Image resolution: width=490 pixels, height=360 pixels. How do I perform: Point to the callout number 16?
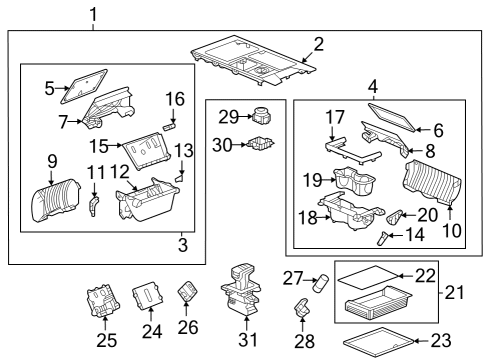[x=175, y=99]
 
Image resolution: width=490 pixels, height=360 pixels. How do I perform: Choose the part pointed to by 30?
[x=262, y=145]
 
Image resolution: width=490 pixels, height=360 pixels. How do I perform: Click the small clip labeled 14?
[x=383, y=237]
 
